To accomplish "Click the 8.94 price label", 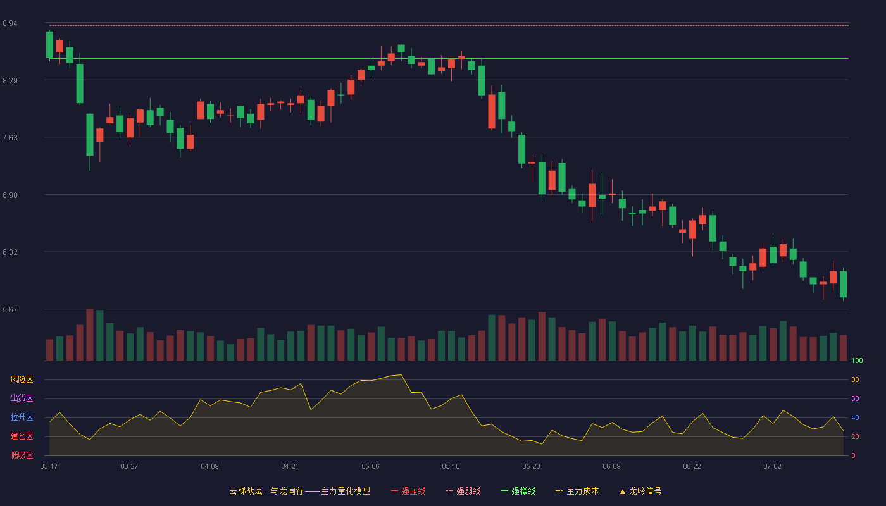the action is [x=10, y=23].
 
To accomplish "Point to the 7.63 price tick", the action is [x=10, y=138].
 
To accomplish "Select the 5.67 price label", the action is [x=10, y=309].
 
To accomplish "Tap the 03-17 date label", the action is [x=49, y=467].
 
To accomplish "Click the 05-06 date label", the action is [x=370, y=467].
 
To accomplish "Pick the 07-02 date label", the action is [x=772, y=467].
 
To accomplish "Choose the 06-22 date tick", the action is [x=692, y=467].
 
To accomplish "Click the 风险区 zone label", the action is [x=22, y=379].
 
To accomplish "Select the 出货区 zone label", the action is [x=22, y=398].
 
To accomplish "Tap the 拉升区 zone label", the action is [x=22, y=417].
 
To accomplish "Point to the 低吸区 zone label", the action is [x=22, y=455].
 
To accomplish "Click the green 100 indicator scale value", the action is [x=857, y=361].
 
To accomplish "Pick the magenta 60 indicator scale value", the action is [x=855, y=398].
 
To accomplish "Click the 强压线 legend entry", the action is [x=408, y=491].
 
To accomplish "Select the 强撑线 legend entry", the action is [x=518, y=491].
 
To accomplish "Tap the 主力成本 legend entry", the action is [x=577, y=491].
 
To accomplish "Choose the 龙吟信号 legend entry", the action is [x=640, y=491].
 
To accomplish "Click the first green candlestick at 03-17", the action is [x=49, y=45].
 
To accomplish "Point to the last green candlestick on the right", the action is [x=843, y=284].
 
